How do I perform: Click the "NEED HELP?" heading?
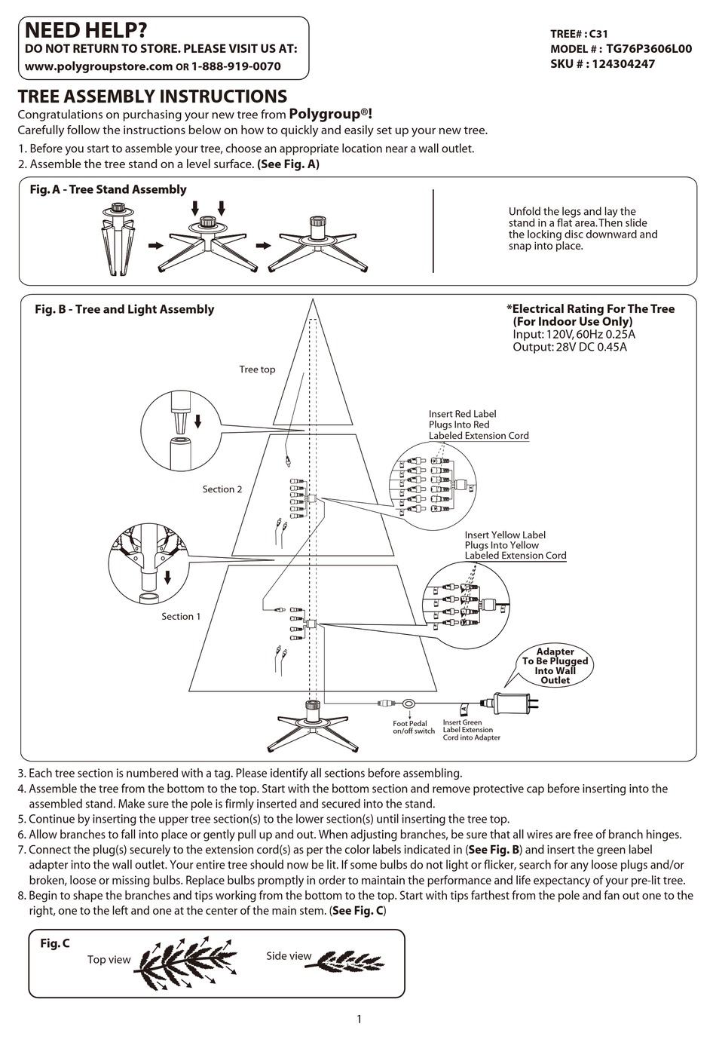[x=85, y=30]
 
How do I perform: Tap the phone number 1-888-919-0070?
[x=236, y=66]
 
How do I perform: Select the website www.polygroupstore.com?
[x=99, y=66]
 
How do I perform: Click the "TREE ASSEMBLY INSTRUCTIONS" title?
[x=152, y=97]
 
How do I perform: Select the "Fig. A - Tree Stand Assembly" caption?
[x=108, y=190]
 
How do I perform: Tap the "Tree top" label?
[x=257, y=369]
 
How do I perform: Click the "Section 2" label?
[x=222, y=489]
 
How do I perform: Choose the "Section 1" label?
[x=181, y=617]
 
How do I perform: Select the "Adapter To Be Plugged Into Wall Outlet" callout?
[x=555, y=666]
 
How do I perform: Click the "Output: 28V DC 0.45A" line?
[x=569, y=348]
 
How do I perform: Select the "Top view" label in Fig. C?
[x=109, y=960]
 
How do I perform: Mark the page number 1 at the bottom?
[x=359, y=1019]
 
